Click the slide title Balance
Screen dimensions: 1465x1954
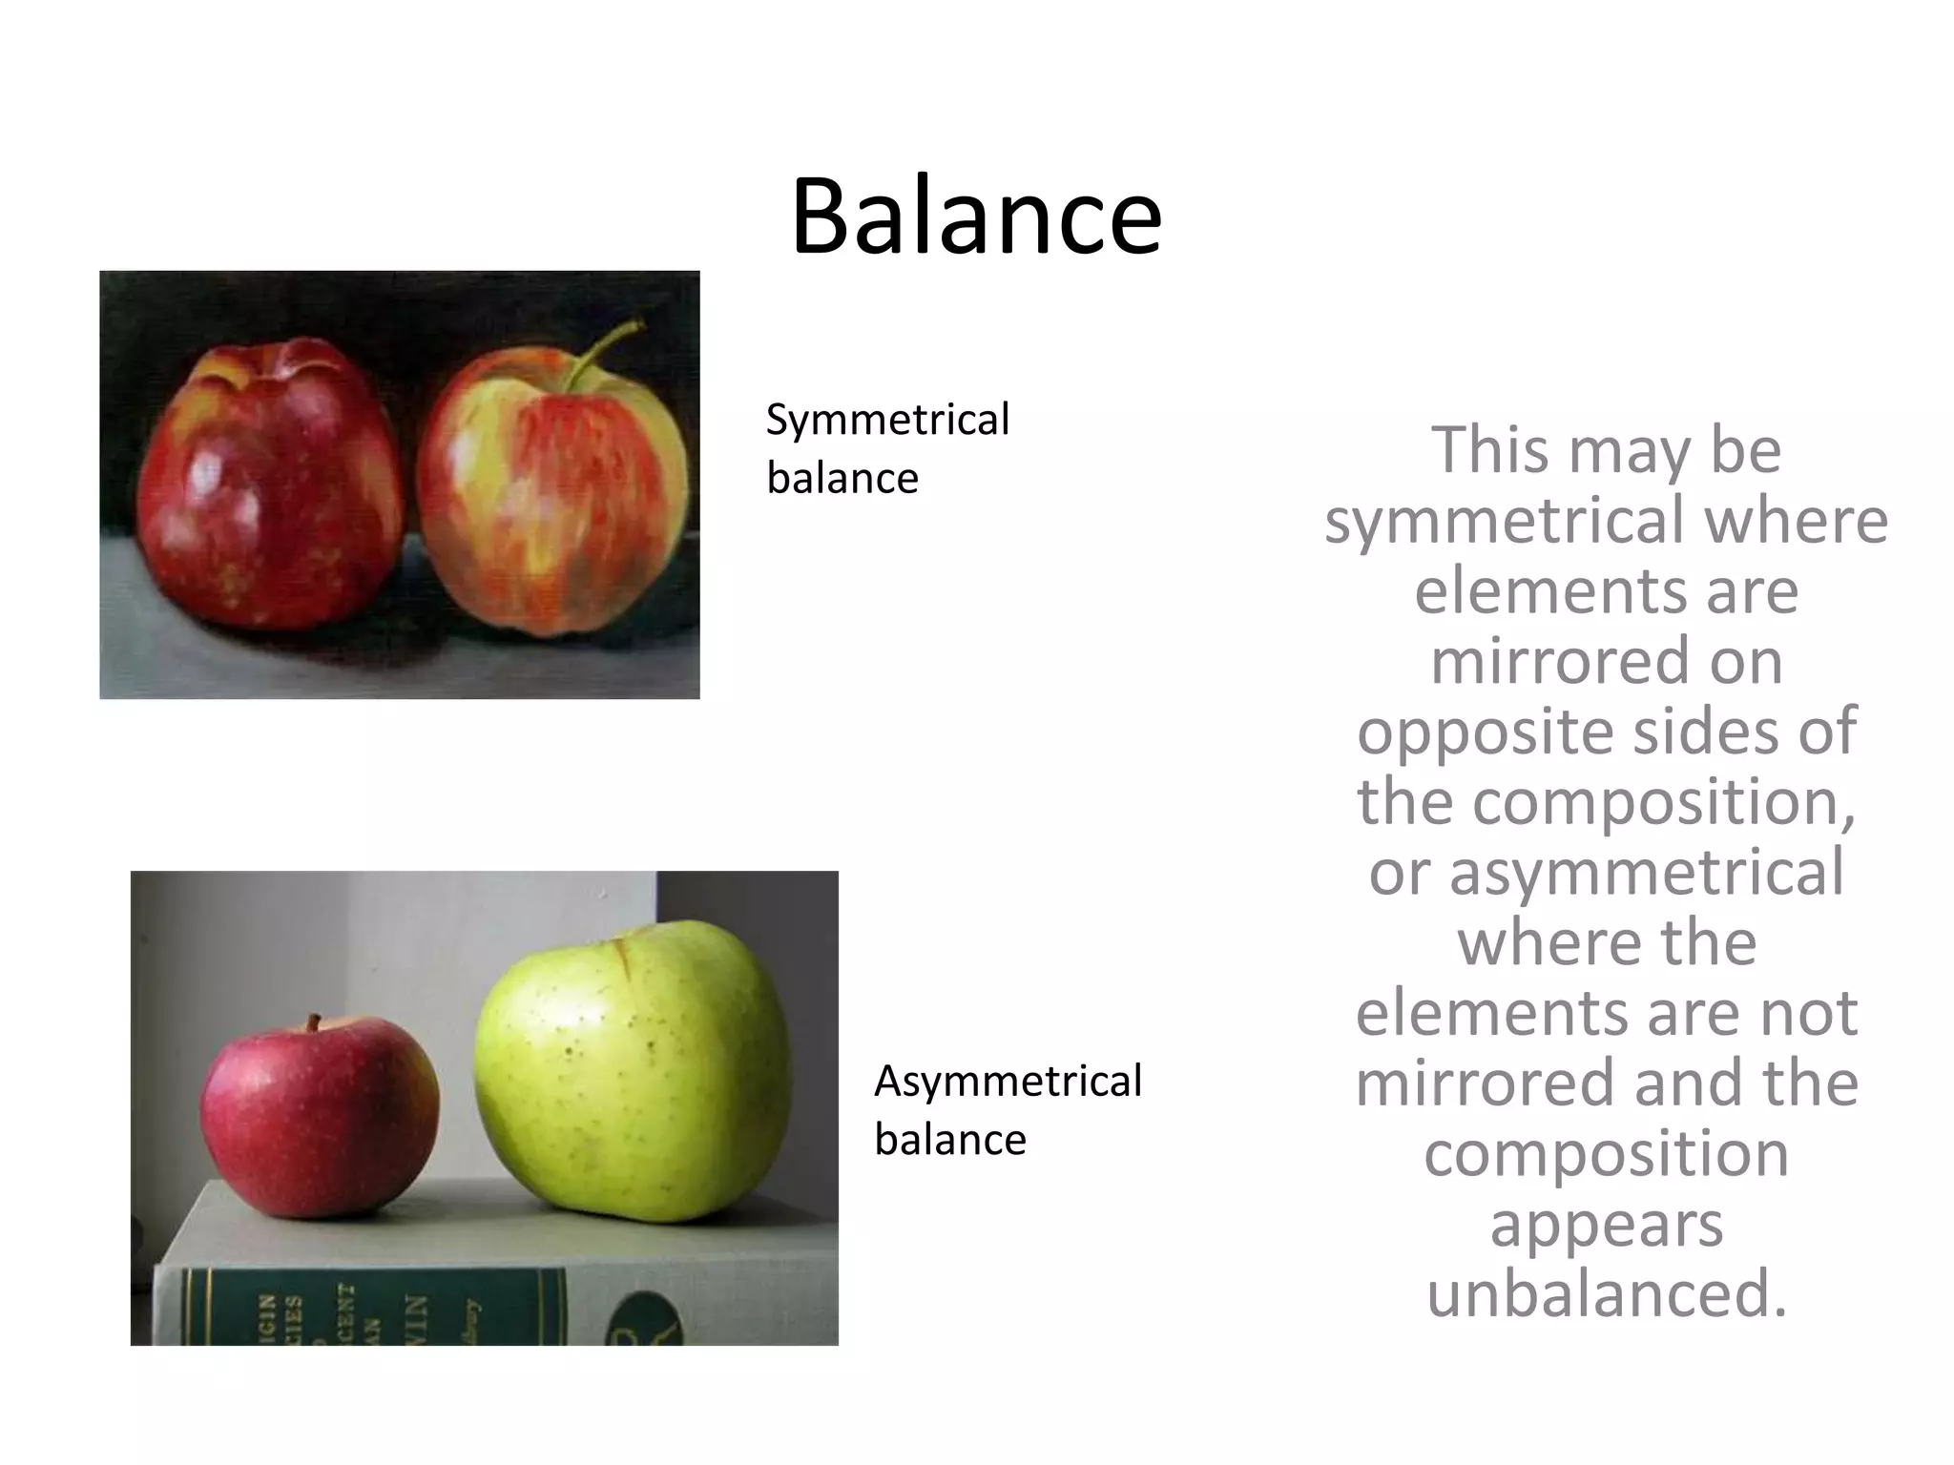point(975,217)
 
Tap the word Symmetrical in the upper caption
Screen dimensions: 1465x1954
point(887,420)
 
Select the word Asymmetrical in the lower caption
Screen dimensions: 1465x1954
point(1008,1081)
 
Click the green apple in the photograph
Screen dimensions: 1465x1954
point(634,1070)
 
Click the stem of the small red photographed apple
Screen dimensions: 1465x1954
point(314,1024)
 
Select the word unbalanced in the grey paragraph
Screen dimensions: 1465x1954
point(1606,1294)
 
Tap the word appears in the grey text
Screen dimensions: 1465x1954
point(1606,1224)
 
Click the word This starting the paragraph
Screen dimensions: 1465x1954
point(1490,450)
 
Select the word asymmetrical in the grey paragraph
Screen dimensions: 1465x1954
point(1647,873)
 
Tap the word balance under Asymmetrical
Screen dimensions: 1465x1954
point(950,1140)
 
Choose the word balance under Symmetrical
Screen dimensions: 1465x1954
point(842,478)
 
